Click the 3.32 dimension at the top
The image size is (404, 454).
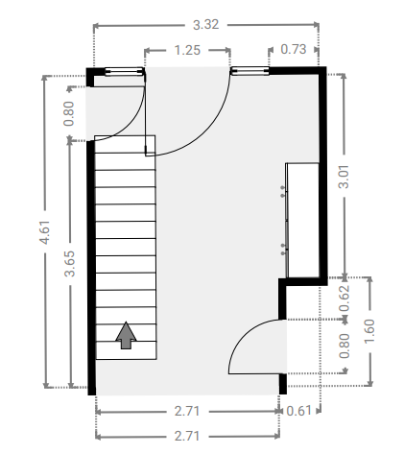coord(206,25)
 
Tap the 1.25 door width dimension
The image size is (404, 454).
coord(187,50)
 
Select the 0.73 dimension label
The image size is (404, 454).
coord(294,49)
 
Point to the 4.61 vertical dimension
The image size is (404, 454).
coord(44,232)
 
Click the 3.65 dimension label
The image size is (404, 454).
coord(69,263)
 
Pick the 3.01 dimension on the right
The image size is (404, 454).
coord(344,177)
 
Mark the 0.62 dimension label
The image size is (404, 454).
coord(345,299)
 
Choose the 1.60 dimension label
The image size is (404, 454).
coord(369,331)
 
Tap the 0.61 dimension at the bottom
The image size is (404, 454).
coord(298,411)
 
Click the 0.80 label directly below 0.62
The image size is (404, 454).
coord(345,346)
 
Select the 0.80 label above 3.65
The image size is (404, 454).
coord(69,113)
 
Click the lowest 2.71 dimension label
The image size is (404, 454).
coord(187,436)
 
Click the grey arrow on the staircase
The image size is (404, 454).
coord(126,335)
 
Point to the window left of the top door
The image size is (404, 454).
coord(124,71)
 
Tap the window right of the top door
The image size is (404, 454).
coord(250,71)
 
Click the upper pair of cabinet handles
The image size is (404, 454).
coord(282,191)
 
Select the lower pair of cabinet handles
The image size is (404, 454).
coord(283,250)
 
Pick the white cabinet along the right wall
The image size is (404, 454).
coord(302,220)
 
